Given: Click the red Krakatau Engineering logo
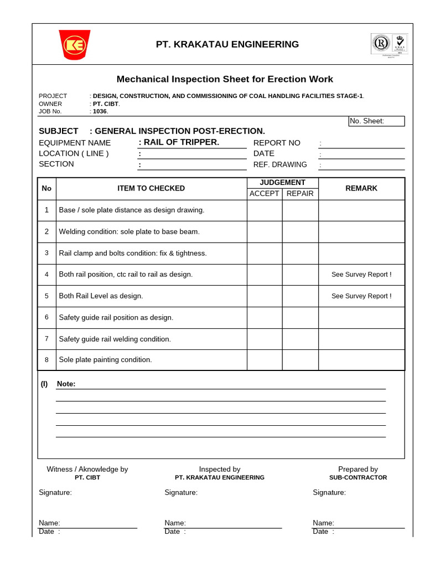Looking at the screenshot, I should pyautogui.click(x=75, y=44).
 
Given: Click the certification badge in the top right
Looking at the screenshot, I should pyautogui.click(x=389, y=44).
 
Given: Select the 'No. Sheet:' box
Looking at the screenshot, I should pyautogui.click(x=376, y=121).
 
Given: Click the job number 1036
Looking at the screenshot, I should pyautogui.click(x=100, y=111).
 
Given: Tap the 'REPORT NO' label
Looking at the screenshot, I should pyautogui.click(x=277, y=143).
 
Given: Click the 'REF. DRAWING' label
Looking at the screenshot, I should pyautogui.click(x=280, y=164).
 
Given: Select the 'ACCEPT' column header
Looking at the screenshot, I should pyautogui.click(x=265, y=193).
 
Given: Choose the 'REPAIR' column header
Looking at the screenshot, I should pyautogui.click(x=300, y=193).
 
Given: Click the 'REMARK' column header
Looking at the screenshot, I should pyautogui.click(x=361, y=188).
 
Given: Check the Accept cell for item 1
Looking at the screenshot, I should pyautogui.click(x=265, y=210).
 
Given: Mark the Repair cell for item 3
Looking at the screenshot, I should pyautogui.click(x=300, y=253).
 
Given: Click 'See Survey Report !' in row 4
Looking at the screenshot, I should pyautogui.click(x=361, y=275).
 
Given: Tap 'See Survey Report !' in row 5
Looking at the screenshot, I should pyautogui.click(x=361, y=296).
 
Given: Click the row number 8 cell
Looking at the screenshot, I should pyautogui.click(x=46, y=360).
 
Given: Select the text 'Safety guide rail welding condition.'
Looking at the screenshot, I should pyautogui.click(x=115, y=339).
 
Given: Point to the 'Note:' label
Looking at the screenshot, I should pyautogui.click(x=66, y=384).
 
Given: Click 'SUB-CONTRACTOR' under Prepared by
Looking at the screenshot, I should pyautogui.click(x=358, y=477).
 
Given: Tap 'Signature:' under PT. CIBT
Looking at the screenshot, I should pyautogui.click(x=55, y=492).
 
